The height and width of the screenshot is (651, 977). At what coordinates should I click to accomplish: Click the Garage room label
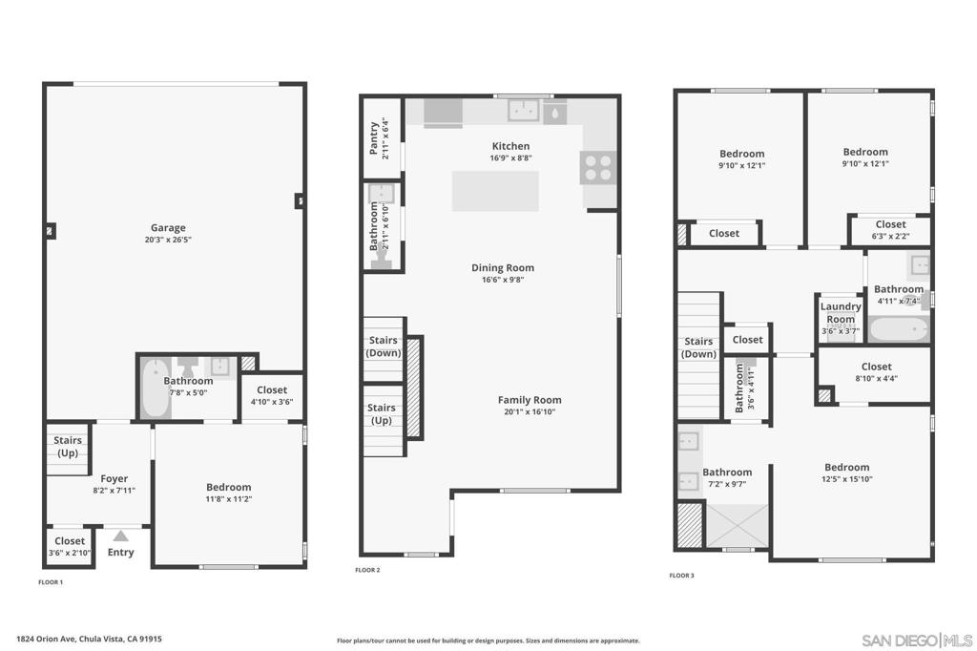point(168,228)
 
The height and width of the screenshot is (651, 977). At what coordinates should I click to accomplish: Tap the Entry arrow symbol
point(121,536)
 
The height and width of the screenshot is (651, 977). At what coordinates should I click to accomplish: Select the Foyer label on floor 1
point(114,479)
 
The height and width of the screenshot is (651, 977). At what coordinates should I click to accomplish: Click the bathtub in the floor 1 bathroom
point(155,388)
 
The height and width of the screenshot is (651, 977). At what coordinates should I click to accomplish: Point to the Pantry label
point(374,137)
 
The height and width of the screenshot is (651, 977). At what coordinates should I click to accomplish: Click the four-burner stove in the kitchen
point(598,168)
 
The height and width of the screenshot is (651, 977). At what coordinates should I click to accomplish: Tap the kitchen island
point(494,191)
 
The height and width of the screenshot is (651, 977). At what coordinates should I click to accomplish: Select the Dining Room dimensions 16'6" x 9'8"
point(502,280)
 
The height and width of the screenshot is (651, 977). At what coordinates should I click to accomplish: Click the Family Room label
point(530,400)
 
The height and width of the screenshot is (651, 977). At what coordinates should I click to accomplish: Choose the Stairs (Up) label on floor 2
point(382,413)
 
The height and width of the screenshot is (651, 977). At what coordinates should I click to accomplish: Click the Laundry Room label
point(841,313)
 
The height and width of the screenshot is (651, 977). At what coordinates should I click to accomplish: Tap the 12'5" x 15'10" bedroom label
point(847,473)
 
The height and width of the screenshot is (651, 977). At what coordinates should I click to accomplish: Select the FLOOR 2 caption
point(367,570)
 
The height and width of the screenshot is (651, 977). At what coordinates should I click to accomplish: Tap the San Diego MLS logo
point(917,639)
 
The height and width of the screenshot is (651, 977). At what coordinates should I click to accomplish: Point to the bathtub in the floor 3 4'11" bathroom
point(898,330)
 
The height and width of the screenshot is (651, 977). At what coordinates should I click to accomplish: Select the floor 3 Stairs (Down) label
point(698,347)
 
